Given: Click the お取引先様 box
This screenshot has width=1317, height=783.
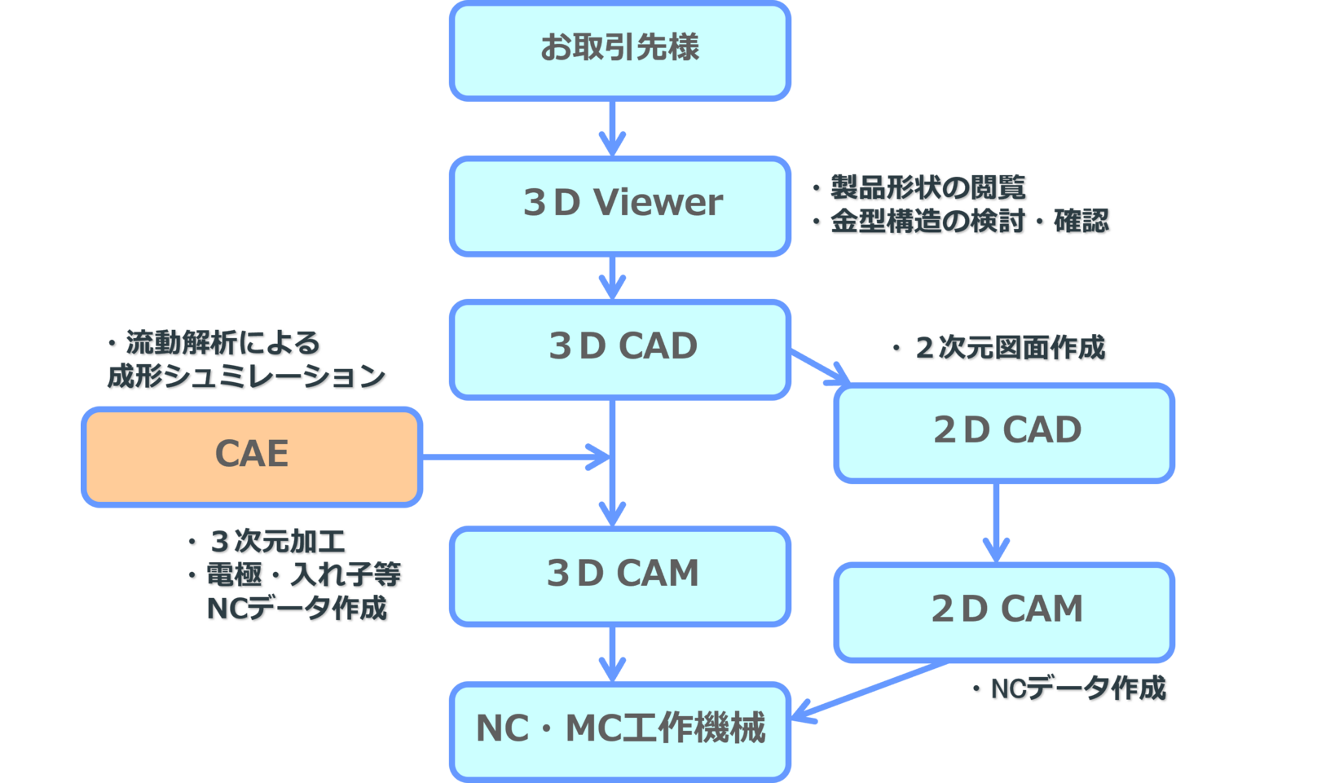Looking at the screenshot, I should pos(619,51).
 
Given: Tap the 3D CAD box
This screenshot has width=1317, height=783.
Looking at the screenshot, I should pos(619,349).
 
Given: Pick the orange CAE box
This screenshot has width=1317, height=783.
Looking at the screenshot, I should pos(252,456).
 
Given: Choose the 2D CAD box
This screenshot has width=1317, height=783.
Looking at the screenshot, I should pos(1004,433).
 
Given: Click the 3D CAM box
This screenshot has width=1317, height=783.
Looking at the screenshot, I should pos(619,575).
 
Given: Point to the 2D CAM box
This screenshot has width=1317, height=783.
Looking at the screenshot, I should pos(1004,611).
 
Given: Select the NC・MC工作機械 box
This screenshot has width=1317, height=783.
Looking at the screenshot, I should pos(619,730).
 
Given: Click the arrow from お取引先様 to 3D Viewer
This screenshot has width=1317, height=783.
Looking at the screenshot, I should pos(612,128).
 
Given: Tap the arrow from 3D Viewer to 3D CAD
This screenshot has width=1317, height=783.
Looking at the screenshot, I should pos(612,278).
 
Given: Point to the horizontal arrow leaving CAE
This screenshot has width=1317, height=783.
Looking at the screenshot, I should pos(513,457).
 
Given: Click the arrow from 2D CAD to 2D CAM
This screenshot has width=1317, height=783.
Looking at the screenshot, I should pos(996,522).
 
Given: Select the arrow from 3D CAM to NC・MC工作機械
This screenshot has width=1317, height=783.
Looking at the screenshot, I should pos(612,653).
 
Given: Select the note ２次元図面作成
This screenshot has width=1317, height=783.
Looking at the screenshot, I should pos(1009,348).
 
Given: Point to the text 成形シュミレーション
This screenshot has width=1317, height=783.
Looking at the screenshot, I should pos(246,376).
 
